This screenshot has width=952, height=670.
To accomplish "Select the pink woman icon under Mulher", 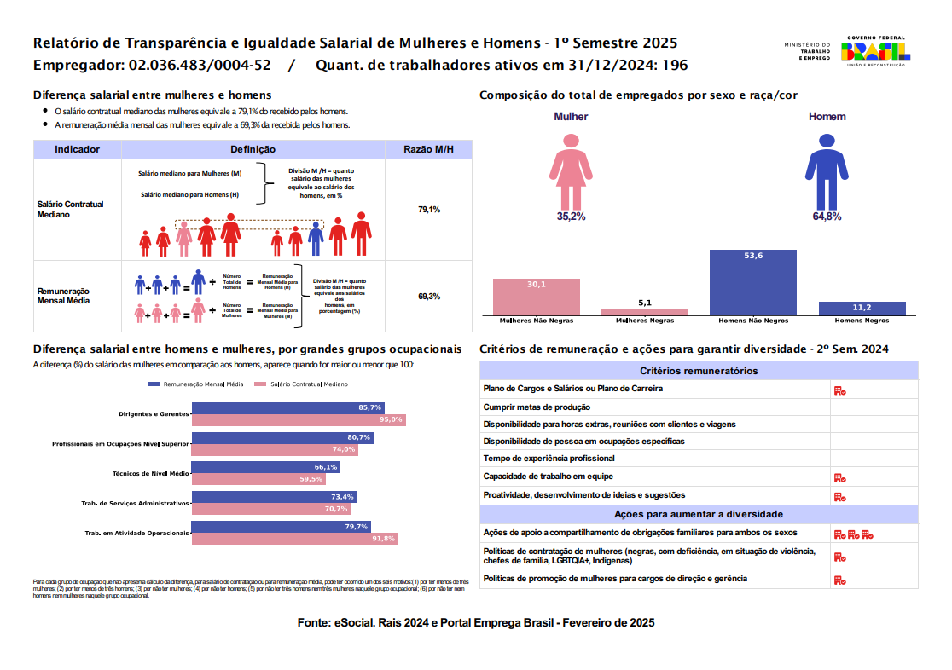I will click(x=571, y=166).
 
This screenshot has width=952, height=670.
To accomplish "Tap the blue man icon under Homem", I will click(x=826, y=166).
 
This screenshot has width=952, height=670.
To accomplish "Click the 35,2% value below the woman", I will click(x=571, y=217).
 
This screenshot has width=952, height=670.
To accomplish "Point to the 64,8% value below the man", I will click(x=827, y=217).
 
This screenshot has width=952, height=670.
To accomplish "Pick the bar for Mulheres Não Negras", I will click(x=536, y=297).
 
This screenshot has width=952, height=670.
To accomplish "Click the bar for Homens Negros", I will click(x=862, y=308).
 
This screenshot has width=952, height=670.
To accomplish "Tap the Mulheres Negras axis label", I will click(x=644, y=321).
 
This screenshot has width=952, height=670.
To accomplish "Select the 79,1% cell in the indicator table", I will click(x=428, y=209).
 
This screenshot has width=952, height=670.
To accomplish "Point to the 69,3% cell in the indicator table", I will click(x=428, y=297).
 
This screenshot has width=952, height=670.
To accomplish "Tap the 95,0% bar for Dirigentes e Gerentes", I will click(x=299, y=420).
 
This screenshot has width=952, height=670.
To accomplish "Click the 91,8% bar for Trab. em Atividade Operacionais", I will click(x=295, y=539).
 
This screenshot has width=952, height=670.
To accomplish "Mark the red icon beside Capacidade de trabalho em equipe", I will click(x=839, y=477).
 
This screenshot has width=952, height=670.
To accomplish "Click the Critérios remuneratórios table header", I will click(x=699, y=371).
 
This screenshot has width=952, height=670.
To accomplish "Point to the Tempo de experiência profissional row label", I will click(x=548, y=459).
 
